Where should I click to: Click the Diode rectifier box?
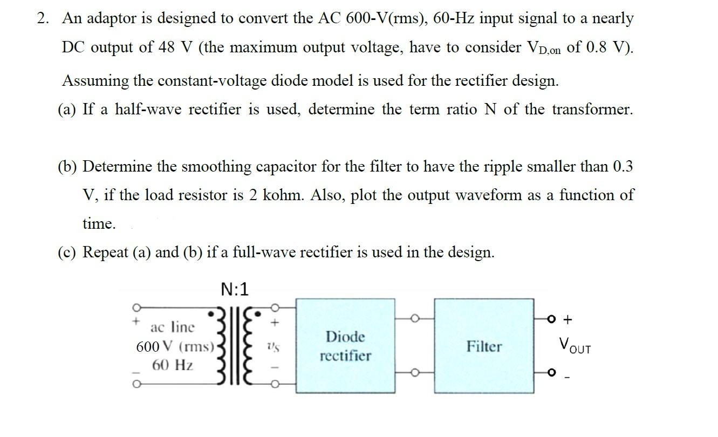(345, 346)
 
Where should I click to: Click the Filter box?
(484, 346)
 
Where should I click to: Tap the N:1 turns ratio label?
(235, 290)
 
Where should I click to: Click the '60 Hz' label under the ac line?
(172, 365)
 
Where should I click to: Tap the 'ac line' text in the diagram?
(173, 327)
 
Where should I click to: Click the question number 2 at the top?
(43, 18)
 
